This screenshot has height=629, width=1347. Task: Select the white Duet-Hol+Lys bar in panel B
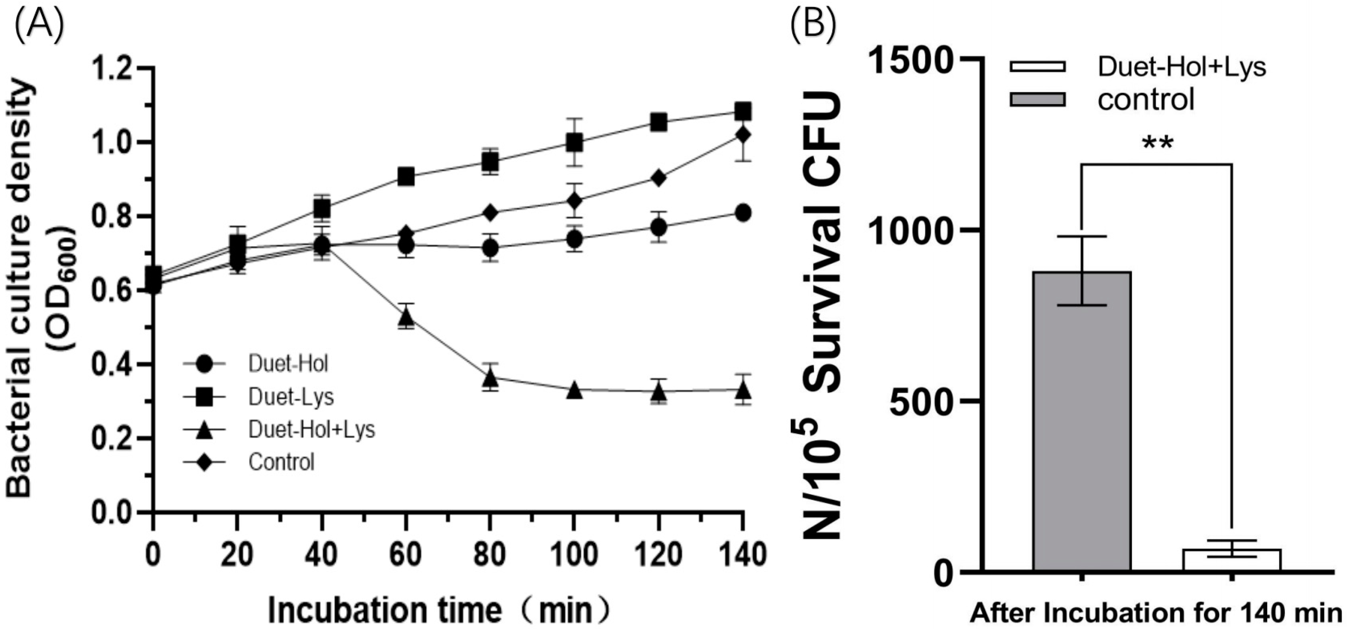pos(1232,559)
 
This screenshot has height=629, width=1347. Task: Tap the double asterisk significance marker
pos(1157,143)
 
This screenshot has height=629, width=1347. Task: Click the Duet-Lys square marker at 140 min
pos(742,112)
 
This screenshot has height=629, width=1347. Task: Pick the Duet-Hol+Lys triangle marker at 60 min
pos(406,317)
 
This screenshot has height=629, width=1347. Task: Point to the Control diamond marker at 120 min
pos(658,178)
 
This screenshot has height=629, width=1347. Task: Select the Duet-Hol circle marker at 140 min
pos(742,213)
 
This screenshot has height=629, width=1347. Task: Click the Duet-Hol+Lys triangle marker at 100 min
pos(575,390)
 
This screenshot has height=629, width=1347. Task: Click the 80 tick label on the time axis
pos(490,554)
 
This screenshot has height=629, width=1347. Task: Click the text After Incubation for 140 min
pos(1157,612)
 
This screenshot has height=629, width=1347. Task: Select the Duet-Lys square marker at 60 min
pos(406,177)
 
